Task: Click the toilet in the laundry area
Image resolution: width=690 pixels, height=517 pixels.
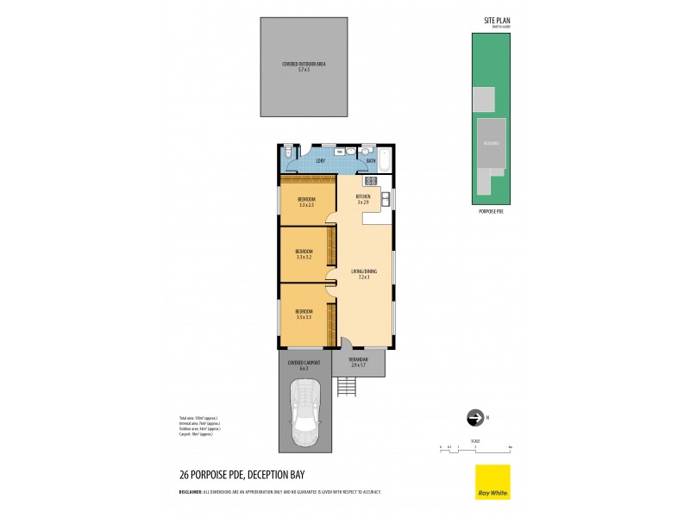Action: point(288,152)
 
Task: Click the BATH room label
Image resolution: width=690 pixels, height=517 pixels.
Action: point(371,161)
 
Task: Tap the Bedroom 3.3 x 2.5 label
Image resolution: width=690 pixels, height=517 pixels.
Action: point(306,202)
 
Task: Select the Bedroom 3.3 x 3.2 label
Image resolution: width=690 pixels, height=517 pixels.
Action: point(304,254)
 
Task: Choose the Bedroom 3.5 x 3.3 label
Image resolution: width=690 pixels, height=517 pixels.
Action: point(304,314)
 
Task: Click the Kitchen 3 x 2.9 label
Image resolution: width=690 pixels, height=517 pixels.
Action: point(363,199)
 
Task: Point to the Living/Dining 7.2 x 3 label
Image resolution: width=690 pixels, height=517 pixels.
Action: point(361,274)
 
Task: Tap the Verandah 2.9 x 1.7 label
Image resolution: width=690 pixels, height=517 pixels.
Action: point(359,362)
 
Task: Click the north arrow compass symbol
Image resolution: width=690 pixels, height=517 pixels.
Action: point(474,418)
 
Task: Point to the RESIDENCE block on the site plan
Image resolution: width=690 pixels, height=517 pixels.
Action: point(491,143)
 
